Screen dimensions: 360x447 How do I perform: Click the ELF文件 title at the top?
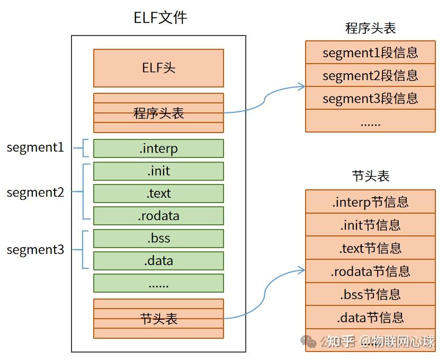coord(160,17)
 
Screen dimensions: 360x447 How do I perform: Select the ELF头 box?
coord(158,68)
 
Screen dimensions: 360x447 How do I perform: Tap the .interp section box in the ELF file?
coord(158,148)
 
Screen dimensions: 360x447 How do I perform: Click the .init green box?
coord(158,171)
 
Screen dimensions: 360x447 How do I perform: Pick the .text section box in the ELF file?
coord(158,194)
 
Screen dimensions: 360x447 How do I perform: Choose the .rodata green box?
coord(158,216)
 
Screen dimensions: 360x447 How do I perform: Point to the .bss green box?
coord(158,238)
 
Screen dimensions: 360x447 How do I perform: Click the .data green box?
coord(158,261)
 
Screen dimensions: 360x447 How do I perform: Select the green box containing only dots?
coord(158,283)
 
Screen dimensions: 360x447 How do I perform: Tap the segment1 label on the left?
coord(35,148)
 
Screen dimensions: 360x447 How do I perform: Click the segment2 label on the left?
coord(35,192)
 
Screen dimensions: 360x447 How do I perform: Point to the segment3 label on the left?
coord(35,250)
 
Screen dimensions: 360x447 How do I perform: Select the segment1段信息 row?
coord(370,52)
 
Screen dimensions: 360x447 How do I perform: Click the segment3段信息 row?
coord(370,99)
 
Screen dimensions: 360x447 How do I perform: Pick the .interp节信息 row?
coord(370,201)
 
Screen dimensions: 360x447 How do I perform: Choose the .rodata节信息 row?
coord(370,271)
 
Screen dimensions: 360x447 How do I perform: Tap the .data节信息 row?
coord(370,318)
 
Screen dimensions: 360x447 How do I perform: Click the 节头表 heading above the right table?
coord(370,176)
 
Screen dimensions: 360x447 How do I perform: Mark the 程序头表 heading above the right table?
coord(370,28)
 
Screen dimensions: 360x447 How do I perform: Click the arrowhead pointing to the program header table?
coord(302,86)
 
